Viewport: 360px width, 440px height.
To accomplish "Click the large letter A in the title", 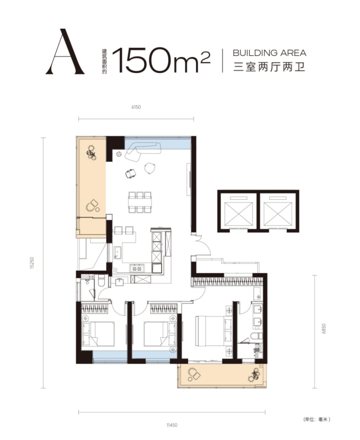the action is [x=65, y=52].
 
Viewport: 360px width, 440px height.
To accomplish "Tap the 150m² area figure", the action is [x=161, y=60].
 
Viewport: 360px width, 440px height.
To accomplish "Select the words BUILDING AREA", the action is [x=270, y=53].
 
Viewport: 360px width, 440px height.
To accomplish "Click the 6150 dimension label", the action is [x=136, y=107].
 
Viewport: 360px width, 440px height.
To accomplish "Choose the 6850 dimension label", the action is [x=324, y=328].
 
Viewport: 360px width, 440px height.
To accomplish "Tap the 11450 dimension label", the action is [x=172, y=425].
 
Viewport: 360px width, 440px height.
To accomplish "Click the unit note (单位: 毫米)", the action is [x=317, y=419].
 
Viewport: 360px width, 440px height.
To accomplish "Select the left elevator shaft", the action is [x=238, y=211].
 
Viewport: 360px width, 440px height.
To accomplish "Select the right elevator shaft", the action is [x=279, y=211].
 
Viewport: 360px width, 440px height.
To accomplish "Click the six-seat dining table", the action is [x=140, y=202].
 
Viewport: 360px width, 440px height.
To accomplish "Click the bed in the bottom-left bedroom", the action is [x=98, y=334].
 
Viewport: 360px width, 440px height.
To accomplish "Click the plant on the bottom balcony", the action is [x=254, y=375].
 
